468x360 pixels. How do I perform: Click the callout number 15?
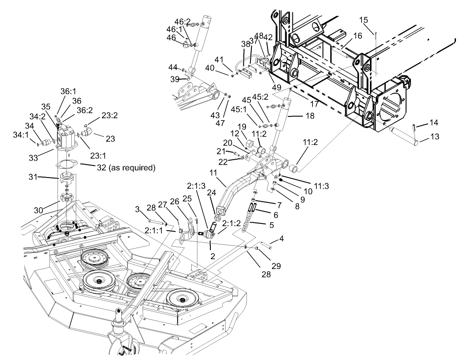(x=364, y=20)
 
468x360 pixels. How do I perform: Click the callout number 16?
(x=358, y=35)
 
